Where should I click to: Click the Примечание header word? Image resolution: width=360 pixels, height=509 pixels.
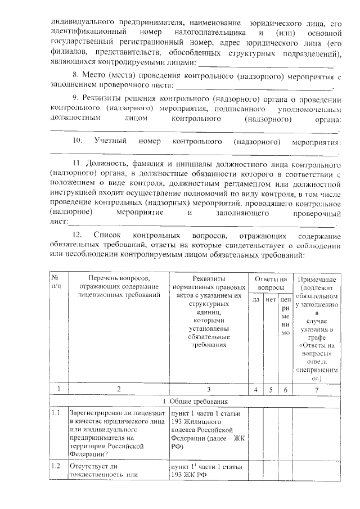point(317,280)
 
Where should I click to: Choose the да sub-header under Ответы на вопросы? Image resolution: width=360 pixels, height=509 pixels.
point(255,300)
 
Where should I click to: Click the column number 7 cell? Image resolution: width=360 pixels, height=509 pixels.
point(317,389)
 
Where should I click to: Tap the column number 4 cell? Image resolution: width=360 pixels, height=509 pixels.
point(255,389)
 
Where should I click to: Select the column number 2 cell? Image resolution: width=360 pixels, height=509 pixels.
point(118,389)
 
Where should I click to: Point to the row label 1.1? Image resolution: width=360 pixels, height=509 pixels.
point(56,414)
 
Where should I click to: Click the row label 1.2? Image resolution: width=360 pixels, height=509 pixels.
point(56,466)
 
